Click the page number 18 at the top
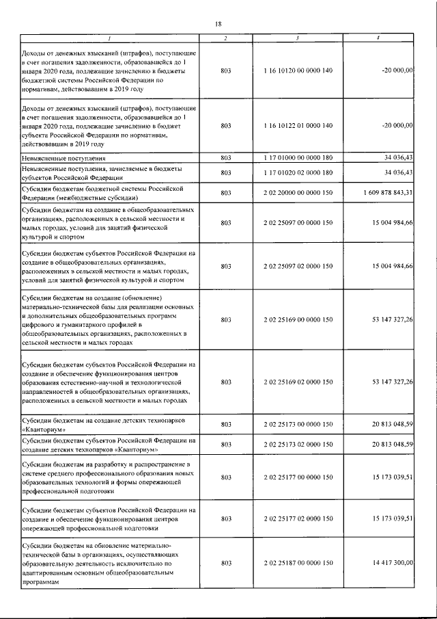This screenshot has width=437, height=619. point(218,24)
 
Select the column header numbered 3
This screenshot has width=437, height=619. point(298,38)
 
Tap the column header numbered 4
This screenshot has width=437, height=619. point(378,38)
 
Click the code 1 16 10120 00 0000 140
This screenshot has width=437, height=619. point(298,70)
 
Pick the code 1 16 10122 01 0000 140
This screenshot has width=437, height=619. point(298,126)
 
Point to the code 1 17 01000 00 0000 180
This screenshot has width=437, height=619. point(298,158)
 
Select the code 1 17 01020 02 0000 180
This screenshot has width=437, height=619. point(298,172)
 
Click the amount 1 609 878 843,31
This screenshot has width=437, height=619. point(382,193)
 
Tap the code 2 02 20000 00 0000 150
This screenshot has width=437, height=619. point(298,193)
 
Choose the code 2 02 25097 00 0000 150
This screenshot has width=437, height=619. point(298,223)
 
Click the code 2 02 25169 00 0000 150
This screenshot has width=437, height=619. point(298,319)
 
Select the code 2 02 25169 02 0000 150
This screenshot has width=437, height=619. point(298,380)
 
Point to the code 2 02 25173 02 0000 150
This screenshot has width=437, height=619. point(298,445)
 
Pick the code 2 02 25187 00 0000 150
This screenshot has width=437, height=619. point(298,562)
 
